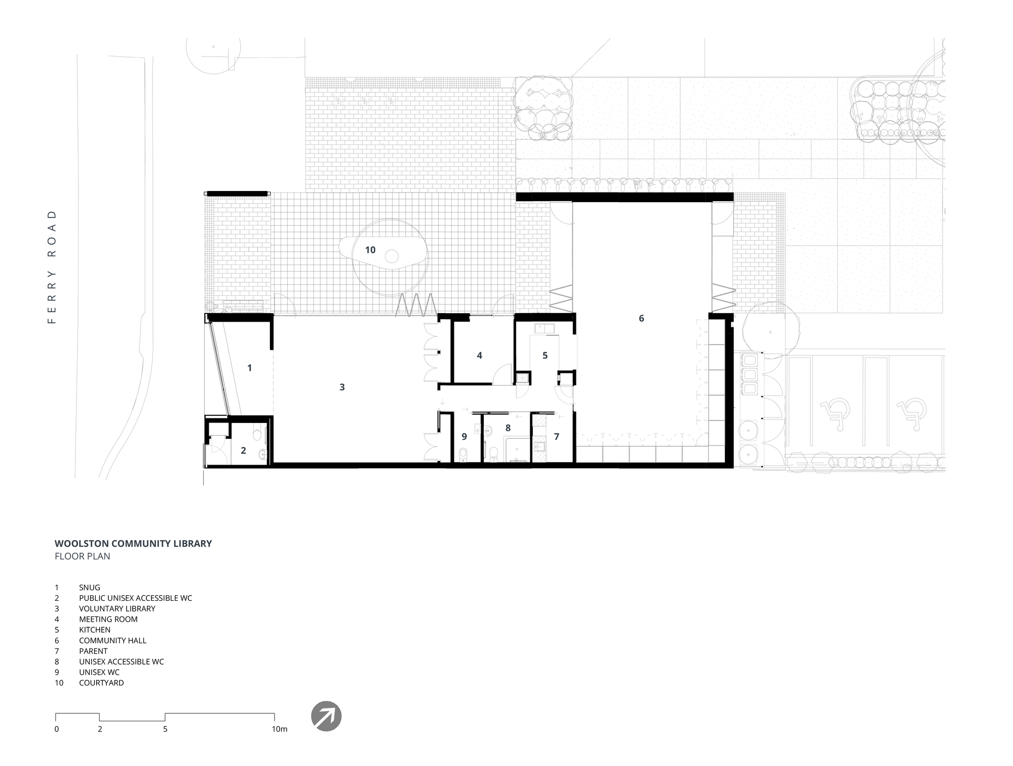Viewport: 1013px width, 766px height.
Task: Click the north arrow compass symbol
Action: click(x=326, y=716)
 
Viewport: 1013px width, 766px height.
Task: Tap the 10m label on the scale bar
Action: click(x=280, y=730)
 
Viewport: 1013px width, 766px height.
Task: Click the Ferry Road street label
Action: click(x=52, y=267)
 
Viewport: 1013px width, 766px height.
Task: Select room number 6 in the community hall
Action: click(x=641, y=319)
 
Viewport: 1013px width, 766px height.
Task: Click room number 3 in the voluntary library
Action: click(x=342, y=388)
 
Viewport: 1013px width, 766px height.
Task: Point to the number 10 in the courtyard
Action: click(x=370, y=250)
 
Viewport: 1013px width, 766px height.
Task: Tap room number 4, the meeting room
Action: click(x=479, y=356)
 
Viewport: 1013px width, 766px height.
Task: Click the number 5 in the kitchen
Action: click(x=545, y=356)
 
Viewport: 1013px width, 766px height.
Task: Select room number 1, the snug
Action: click(x=249, y=368)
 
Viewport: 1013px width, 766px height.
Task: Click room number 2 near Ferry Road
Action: click(x=243, y=450)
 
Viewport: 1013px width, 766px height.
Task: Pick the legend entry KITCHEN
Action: click(x=95, y=630)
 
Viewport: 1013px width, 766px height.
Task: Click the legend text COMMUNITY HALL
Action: click(x=112, y=640)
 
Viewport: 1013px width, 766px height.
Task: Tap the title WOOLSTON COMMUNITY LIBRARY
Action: click(x=133, y=544)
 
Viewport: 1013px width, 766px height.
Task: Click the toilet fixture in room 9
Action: click(x=463, y=454)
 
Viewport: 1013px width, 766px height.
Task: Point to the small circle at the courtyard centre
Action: click(x=392, y=256)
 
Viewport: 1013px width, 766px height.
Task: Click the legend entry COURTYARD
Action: click(x=101, y=683)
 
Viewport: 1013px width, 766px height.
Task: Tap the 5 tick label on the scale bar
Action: click(x=165, y=730)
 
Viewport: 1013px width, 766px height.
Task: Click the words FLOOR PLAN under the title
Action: click(x=82, y=556)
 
